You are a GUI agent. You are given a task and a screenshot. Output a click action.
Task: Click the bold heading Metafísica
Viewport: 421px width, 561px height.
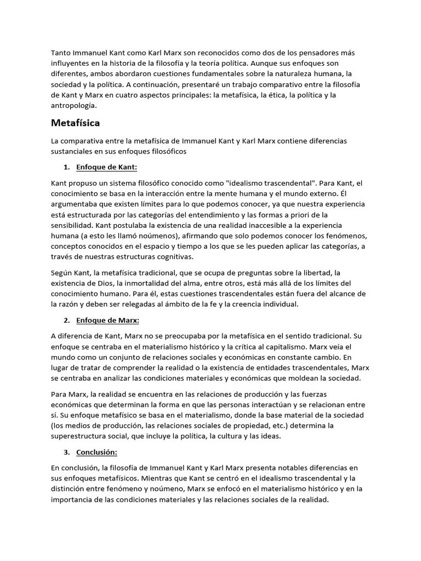(x=75, y=123)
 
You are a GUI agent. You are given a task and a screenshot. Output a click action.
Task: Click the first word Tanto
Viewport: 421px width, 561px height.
(x=61, y=53)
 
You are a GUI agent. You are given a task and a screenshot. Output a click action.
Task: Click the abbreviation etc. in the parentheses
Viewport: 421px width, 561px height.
(x=269, y=426)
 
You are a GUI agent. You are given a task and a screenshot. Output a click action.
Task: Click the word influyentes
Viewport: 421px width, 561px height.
(x=71, y=63)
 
